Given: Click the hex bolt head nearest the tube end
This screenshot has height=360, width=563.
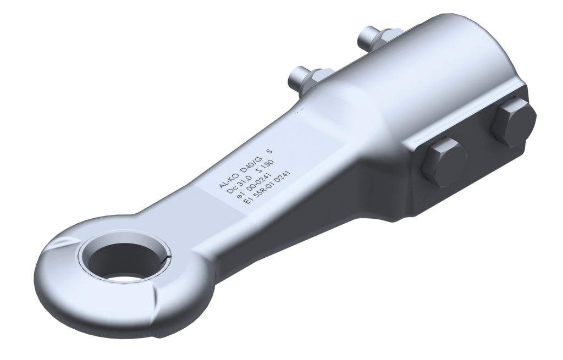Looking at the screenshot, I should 513,123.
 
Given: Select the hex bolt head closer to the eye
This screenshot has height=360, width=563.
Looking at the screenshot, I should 443,162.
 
